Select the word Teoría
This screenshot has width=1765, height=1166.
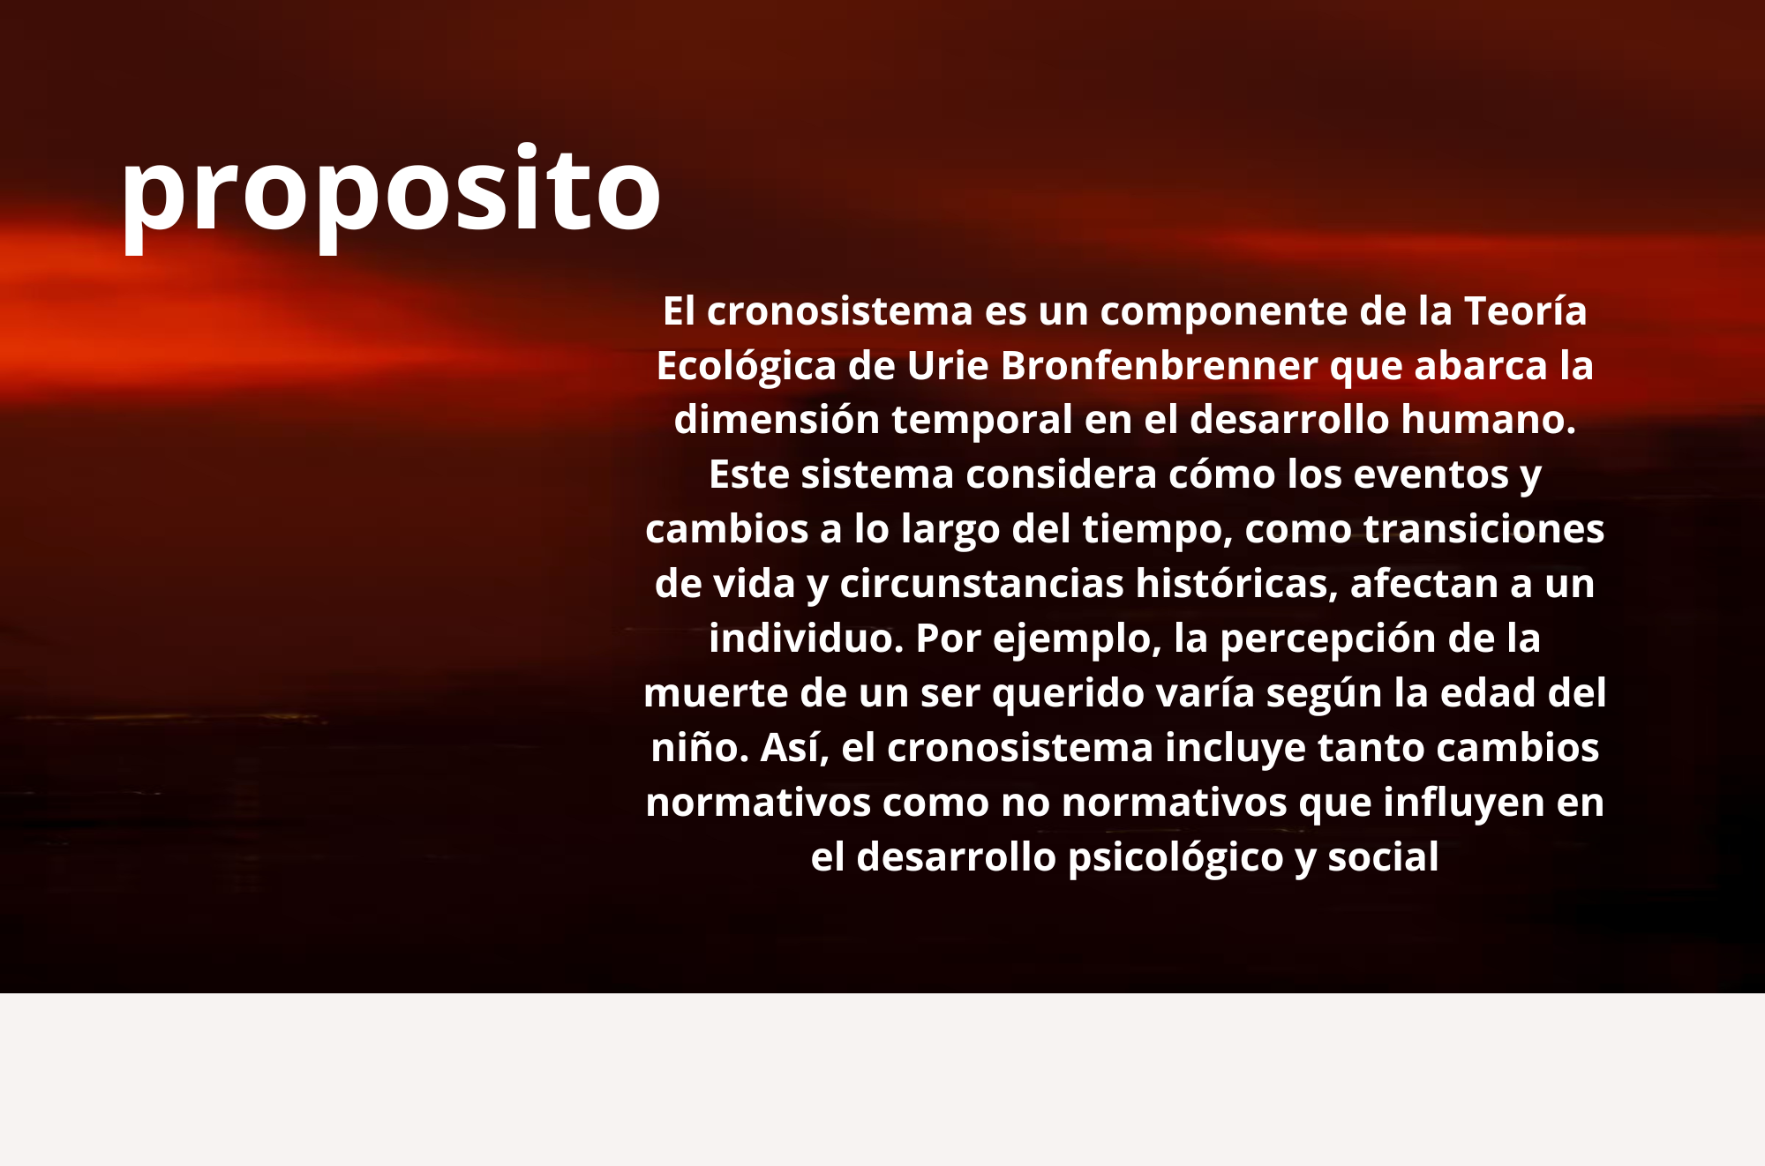1526,310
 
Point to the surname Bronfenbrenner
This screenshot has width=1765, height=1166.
1160,365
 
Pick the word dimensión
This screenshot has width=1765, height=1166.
777,420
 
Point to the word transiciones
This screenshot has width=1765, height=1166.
1484,529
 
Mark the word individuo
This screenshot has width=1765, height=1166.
807,639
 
